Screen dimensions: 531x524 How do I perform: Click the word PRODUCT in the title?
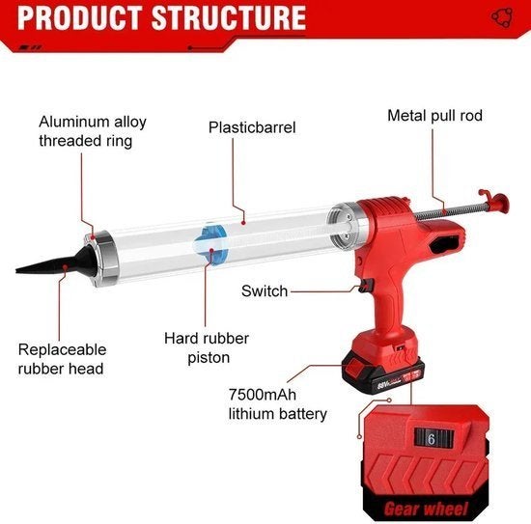(79, 17)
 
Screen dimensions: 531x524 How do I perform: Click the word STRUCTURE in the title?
(229, 17)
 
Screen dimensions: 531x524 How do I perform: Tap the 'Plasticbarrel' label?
(252, 127)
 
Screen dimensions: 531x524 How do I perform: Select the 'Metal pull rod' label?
(434, 116)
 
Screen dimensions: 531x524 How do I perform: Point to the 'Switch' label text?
(265, 291)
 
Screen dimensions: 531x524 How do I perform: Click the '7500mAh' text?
(263, 395)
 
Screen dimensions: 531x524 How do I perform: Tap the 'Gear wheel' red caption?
(426, 509)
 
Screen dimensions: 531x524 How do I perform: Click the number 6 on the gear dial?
(432, 439)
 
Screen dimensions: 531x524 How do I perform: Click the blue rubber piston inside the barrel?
(211, 244)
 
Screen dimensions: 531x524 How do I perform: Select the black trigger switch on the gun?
(367, 286)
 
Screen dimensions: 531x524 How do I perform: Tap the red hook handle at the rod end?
(494, 201)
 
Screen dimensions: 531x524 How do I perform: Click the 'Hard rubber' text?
(207, 339)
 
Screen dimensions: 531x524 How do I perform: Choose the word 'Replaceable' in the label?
(63, 350)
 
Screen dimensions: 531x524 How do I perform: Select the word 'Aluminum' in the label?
(73, 122)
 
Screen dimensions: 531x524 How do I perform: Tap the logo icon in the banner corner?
(502, 17)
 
